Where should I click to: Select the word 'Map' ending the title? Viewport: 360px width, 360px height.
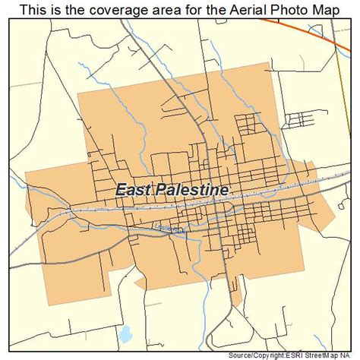[x=318, y=9]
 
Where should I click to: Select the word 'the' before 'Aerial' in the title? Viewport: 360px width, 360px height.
[x=194, y=9]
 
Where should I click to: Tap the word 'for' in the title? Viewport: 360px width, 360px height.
[x=173, y=9]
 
